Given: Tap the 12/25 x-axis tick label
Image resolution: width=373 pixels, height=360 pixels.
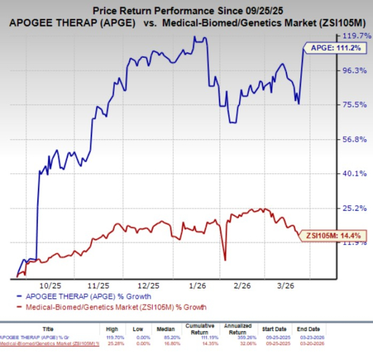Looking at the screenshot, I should [x=148, y=285].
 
